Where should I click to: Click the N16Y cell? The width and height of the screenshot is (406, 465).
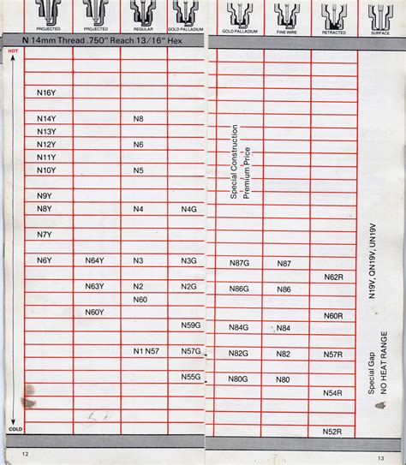click(x=46, y=92)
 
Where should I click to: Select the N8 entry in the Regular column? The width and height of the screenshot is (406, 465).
click(x=139, y=118)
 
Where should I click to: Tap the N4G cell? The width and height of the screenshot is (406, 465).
click(x=189, y=209)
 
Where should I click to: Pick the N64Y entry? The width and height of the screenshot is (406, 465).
click(x=94, y=260)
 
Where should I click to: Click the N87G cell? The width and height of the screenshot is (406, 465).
click(x=239, y=263)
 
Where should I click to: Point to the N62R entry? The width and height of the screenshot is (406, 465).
click(x=333, y=277)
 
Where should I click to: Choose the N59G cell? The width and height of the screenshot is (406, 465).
click(x=191, y=325)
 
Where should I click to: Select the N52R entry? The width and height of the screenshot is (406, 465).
click(x=333, y=432)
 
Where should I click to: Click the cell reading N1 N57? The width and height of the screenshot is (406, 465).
click(x=146, y=351)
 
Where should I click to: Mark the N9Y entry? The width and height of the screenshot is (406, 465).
click(x=45, y=196)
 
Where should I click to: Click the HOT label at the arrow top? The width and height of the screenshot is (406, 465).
click(x=12, y=51)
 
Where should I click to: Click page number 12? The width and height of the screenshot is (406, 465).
click(x=26, y=453)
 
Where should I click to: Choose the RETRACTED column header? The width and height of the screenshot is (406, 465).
click(x=334, y=31)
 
